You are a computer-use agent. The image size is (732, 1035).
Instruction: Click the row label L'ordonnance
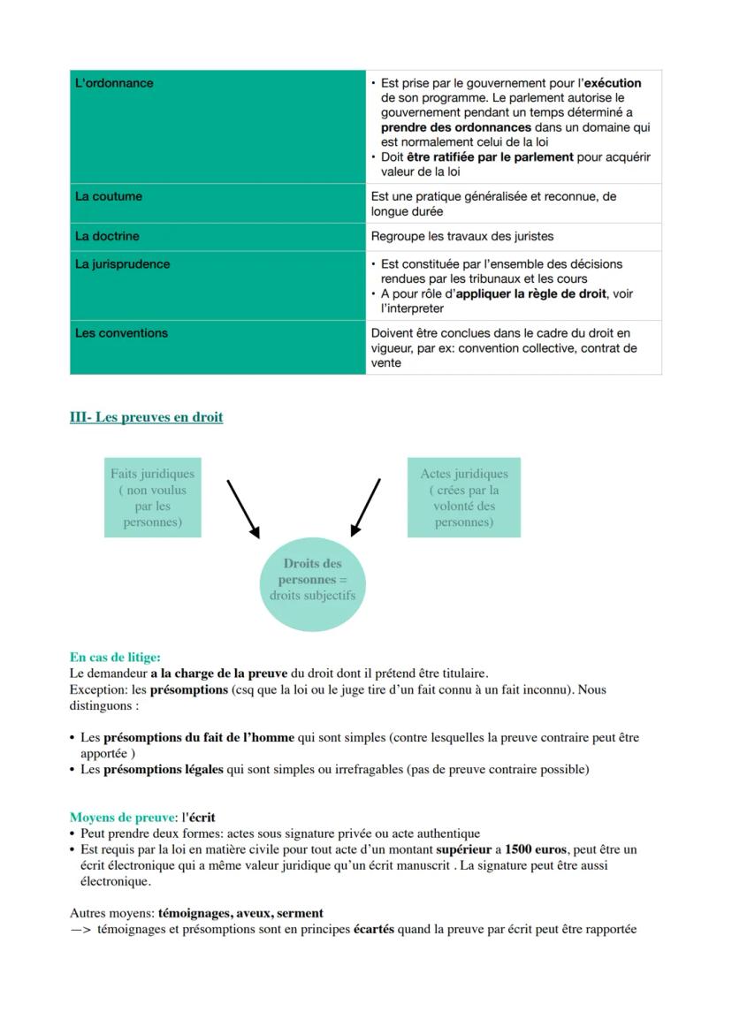point(114,83)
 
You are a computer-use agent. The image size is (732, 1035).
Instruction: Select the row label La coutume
point(108,196)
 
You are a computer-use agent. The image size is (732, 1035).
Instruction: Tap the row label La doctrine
point(107,236)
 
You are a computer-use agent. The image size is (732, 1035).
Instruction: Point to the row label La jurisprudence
point(122,263)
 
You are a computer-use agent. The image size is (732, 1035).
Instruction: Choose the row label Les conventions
point(121,333)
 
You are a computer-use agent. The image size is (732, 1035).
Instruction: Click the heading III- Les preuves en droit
point(146,417)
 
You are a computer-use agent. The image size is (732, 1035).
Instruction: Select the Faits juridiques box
point(152,498)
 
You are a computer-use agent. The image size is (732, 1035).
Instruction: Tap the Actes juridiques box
point(463,498)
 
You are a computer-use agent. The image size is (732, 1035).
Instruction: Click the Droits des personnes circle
point(312,580)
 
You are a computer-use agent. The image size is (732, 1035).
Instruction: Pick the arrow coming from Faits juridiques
point(243,508)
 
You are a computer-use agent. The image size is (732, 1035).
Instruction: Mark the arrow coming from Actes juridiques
point(365,508)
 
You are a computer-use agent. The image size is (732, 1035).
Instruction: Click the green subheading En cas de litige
point(115,657)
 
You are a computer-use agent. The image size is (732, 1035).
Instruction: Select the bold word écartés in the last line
point(373,929)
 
